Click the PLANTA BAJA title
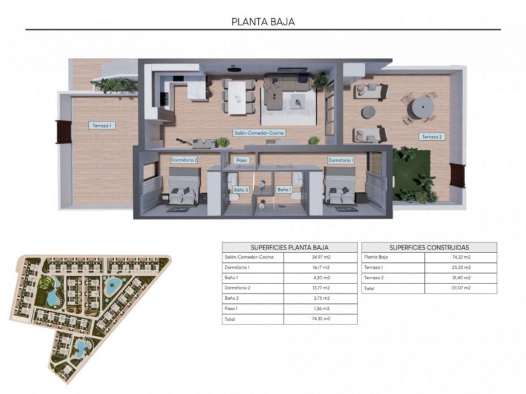click(x=263, y=22)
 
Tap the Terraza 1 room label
click(x=102, y=126)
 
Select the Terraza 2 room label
click(x=432, y=137)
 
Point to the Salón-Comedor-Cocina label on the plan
click(x=259, y=132)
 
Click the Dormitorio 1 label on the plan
click(x=340, y=160)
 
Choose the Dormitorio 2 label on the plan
click(x=184, y=160)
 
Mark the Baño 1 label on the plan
click(x=284, y=190)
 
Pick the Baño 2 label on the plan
click(x=240, y=190)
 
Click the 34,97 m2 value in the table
click(x=320, y=257)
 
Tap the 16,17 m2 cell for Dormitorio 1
click(x=320, y=267)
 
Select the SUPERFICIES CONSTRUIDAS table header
click(x=429, y=247)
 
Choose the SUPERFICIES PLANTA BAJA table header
click(x=289, y=247)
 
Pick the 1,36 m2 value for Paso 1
click(x=320, y=308)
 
